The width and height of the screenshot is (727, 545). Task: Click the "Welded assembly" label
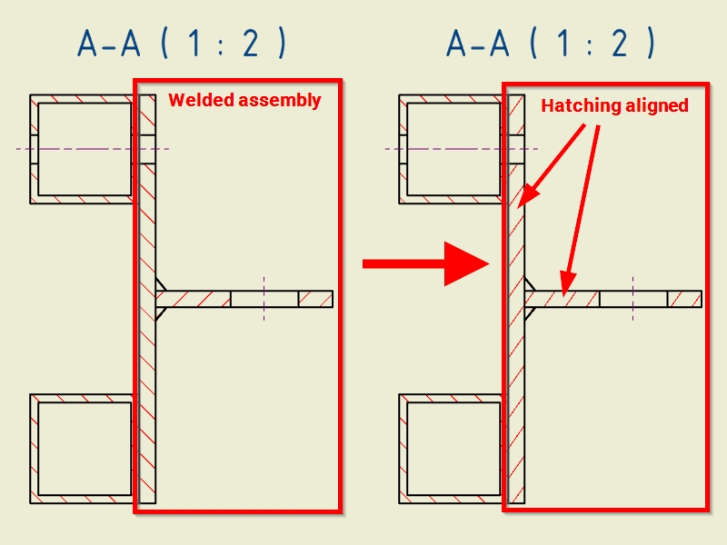click(244, 100)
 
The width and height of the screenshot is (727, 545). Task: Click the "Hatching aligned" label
click(614, 105)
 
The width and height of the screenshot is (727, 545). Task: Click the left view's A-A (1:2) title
click(182, 44)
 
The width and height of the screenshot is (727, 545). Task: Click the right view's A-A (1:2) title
click(551, 44)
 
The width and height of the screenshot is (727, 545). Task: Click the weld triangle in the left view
click(161, 299)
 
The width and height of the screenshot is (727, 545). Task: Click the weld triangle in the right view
click(530, 299)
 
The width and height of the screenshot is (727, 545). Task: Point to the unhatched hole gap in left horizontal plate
click(264, 299)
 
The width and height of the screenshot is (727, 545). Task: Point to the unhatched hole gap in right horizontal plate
click(633, 299)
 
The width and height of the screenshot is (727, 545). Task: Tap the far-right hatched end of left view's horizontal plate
click(315, 299)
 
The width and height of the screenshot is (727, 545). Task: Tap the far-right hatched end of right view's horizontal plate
click(684, 299)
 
